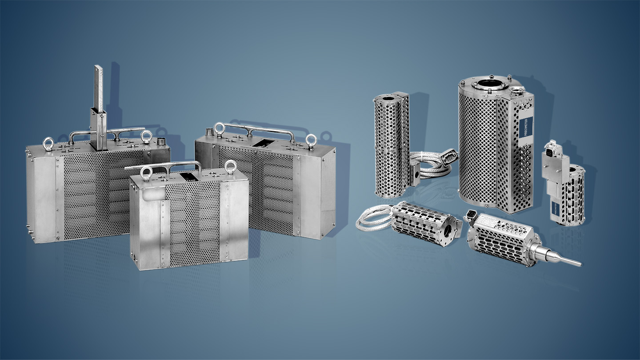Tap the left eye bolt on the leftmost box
click(48, 144)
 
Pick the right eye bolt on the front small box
click(230, 167)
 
